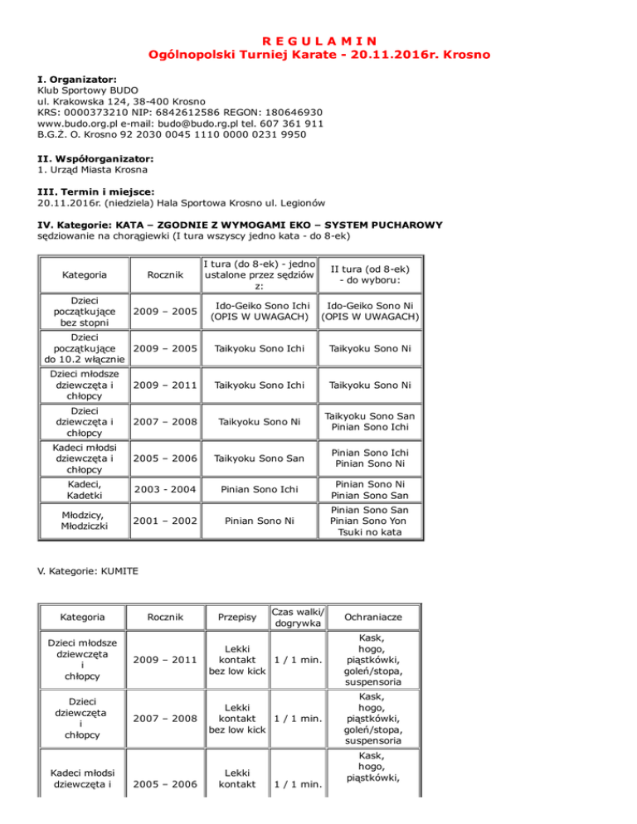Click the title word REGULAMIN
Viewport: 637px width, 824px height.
point(318,39)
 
